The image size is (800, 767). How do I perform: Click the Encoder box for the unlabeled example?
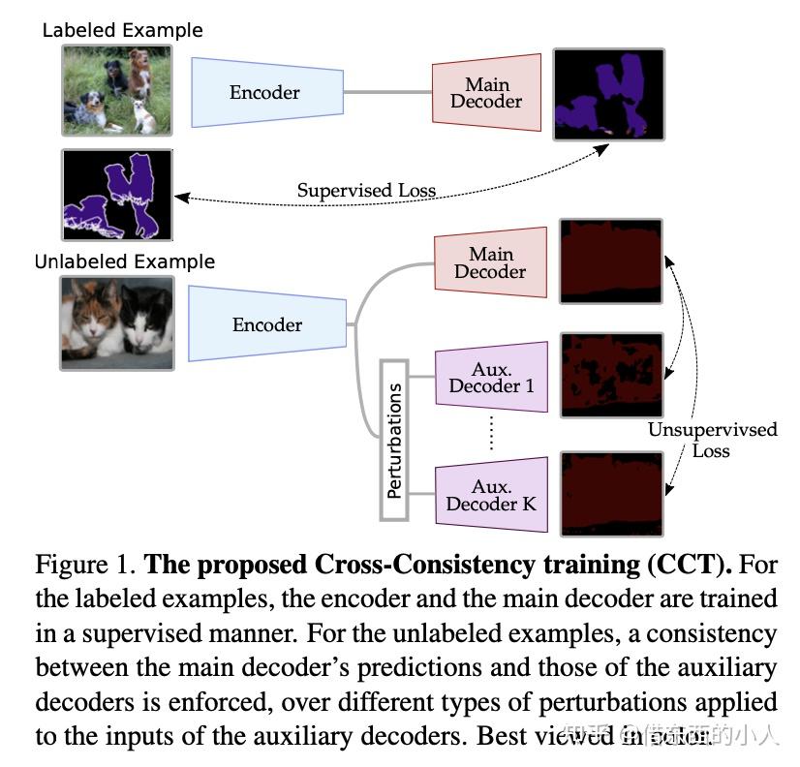[267, 325]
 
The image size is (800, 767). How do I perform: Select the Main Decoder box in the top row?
[486, 93]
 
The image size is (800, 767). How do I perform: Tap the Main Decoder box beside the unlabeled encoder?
[491, 262]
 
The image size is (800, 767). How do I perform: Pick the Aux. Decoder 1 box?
[491, 377]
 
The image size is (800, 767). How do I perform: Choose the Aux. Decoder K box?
[491, 494]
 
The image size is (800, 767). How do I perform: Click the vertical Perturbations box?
[394, 441]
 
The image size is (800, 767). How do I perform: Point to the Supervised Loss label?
[366, 191]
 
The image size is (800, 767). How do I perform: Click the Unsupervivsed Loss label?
[712, 440]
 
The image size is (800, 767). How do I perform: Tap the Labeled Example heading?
[122, 30]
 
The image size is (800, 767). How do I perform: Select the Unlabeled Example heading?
[124, 261]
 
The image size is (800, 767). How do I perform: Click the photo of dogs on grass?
[116, 90]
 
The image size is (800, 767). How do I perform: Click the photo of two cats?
[116, 322]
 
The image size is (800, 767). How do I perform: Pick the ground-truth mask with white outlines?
[116, 195]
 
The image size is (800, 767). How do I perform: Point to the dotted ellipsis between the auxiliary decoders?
[491, 433]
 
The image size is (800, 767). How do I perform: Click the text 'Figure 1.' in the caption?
[83, 566]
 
